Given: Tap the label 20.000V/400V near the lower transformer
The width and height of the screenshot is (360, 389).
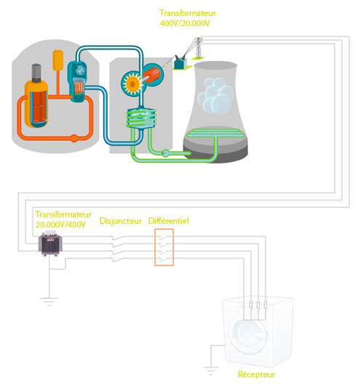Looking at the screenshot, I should [x=61, y=225].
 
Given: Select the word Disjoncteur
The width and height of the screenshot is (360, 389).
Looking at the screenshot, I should [x=120, y=220].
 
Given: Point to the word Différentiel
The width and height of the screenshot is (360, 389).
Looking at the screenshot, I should [x=169, y=220].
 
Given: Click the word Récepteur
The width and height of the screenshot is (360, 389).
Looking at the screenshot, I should [x=256, y=375].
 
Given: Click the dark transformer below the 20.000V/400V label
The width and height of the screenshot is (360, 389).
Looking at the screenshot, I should [x=49, y=248].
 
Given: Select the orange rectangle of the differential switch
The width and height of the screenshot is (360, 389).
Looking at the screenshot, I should [x=164, y=247].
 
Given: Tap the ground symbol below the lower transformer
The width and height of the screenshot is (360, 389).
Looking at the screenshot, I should [x=48, y=297].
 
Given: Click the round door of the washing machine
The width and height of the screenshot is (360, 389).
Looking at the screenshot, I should [x=248, y=337].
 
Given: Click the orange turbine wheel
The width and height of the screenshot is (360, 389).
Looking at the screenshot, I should [x=135, y=81].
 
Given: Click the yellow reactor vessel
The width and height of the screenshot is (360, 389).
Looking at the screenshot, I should [x=36, y=95].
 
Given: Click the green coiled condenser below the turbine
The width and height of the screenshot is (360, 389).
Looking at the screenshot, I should [x=141, y=119].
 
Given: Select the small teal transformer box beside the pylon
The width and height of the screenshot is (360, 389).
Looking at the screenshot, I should [x=178, y=64].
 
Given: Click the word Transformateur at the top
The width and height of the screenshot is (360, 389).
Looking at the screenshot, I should [x=188, y=13].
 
